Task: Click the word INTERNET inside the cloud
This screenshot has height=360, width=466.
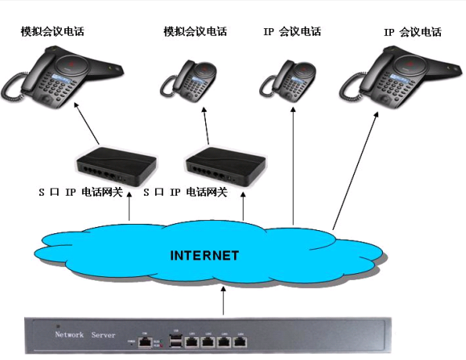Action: [204, 256]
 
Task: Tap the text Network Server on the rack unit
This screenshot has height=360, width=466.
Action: [83, 334]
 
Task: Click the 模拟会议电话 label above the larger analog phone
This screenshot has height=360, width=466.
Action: [52, 32]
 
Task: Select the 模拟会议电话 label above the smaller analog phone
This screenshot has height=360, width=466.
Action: [193, 32]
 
